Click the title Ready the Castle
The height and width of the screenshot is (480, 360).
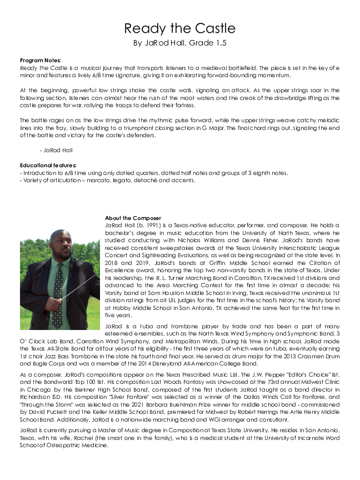[x=179, y=28]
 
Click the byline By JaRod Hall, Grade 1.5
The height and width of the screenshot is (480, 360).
[x=179, y=43]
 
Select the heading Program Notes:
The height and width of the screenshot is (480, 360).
[x=41, y=60]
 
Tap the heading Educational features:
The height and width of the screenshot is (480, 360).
[x=48, y=166]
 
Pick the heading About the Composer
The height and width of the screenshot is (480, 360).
[x=133, y=218]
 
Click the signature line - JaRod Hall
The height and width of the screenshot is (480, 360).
[x=56, y=150]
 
